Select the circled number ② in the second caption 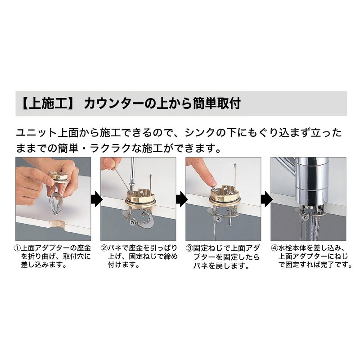104,248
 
